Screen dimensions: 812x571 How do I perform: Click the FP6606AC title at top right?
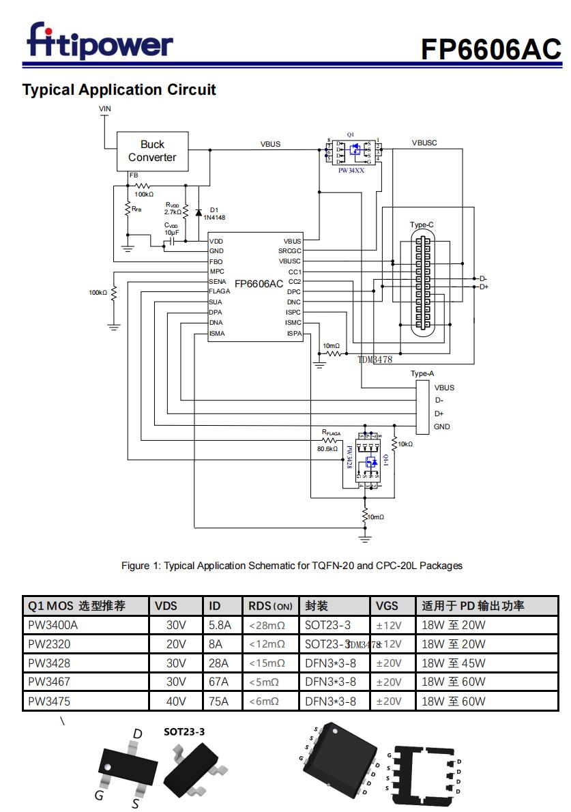pyautogui.click(x=490, y=48)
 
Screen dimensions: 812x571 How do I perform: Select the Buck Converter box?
pyautogui.click(x=152, y=151)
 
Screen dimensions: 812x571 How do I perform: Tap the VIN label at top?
pyautogui.click(x=105, y=108)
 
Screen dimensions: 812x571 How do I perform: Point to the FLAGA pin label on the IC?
pyautogui.click(x=220, y=291)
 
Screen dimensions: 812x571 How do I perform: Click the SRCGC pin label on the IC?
pyautogui.click(x=289, y=251)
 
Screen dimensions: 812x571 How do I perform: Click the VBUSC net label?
pyautogui.click(x=424, y=143)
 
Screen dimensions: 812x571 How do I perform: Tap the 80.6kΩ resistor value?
pyautogui.click(x=327, y=449)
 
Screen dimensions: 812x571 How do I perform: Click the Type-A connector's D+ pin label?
pyautogui.click(x=439, y=414)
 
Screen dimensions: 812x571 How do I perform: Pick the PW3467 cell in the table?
pyautogui.click(x=49, y=682)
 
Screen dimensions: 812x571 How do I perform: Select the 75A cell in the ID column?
pyautogui.click(x=220, y=701)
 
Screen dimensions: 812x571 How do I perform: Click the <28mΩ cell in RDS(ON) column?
pyautogui.click(x=267, y=625)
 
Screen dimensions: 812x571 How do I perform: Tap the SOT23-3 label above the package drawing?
pyautogui.click(x=184, y=731)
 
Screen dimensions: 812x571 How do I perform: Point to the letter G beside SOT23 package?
pyautogui.click(x=100, y=795)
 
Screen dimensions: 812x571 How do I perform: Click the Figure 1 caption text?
pyautogui.click(x=291, y=566)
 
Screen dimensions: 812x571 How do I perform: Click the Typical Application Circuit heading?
pyautogui.click(x=119, y=90)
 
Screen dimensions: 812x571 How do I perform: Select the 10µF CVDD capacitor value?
pyautogui.click(x=171, y=233)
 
